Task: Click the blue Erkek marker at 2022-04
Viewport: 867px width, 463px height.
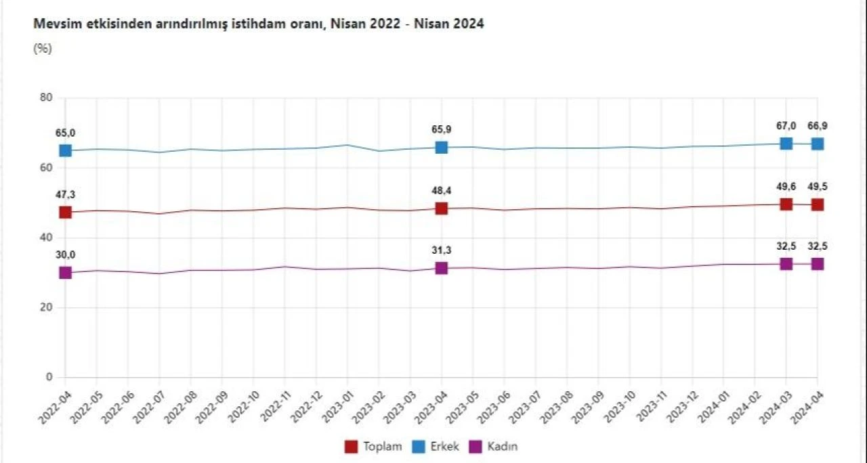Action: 65,150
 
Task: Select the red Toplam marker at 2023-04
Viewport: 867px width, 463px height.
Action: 441,208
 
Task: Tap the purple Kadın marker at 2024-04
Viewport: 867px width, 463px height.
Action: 818,264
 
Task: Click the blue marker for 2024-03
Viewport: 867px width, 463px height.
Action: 786,144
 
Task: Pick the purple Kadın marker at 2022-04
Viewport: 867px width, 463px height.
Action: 65,273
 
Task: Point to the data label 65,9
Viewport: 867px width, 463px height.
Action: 441,129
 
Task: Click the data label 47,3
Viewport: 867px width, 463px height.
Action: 65,195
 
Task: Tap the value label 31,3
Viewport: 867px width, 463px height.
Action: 441,250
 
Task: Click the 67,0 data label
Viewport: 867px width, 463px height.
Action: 786,126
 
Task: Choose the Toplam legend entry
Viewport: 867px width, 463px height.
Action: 374,447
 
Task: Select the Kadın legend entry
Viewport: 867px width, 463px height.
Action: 496,447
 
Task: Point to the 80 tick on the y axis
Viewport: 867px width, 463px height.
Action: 45,97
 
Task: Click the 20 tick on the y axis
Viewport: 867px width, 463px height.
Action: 45,307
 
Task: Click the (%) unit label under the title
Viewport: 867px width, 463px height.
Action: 43,49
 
